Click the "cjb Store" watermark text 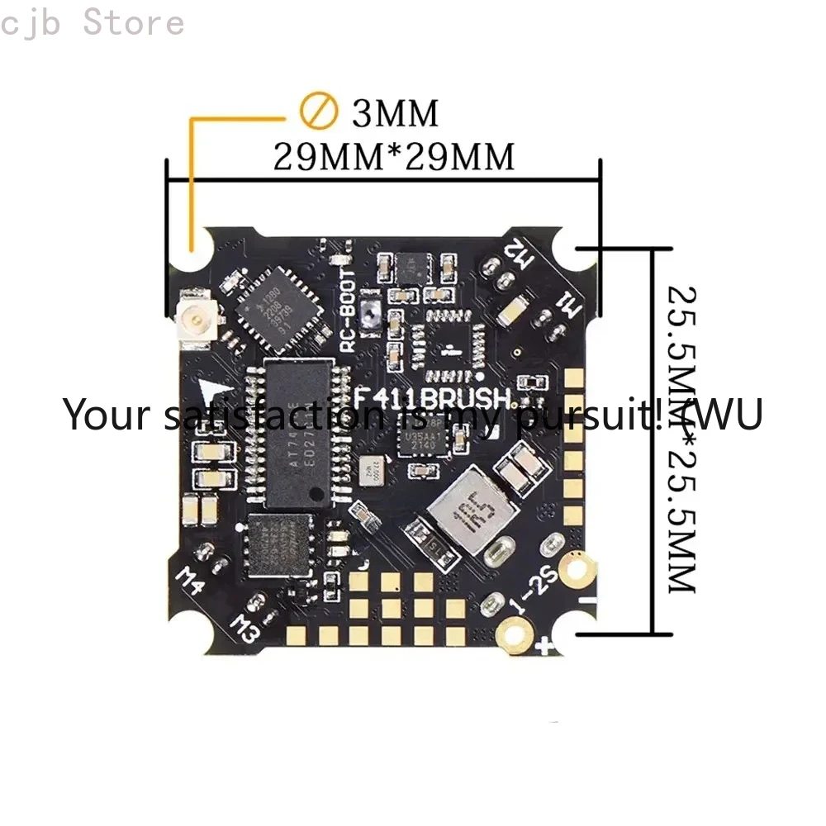[93, 22]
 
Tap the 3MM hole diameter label [395, 113]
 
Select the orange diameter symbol [318, 112]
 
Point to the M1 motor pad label [569, 309]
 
